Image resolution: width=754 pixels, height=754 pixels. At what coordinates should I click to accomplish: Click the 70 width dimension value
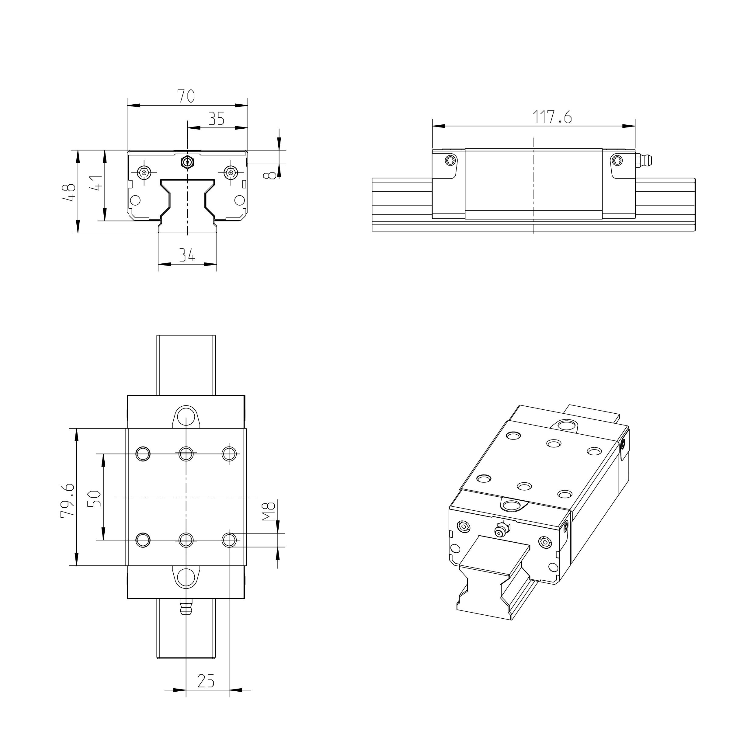pos(186,96)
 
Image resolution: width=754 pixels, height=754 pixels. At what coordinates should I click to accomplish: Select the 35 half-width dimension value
pos(216,119)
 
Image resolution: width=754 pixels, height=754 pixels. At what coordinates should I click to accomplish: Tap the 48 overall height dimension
pos(69,192)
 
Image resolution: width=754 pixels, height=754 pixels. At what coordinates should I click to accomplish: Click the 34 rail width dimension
pos(187,255)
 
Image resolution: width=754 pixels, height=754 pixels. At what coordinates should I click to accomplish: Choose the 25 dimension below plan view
pos(206,681)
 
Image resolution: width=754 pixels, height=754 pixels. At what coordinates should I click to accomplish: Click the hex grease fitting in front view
pos(187,162)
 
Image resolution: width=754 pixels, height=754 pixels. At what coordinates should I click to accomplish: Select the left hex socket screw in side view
pos(451,160)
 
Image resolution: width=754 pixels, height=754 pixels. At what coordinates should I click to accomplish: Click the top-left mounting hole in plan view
pos(143,454)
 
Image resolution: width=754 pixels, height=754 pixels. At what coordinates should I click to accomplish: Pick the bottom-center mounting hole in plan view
pos(186,540)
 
